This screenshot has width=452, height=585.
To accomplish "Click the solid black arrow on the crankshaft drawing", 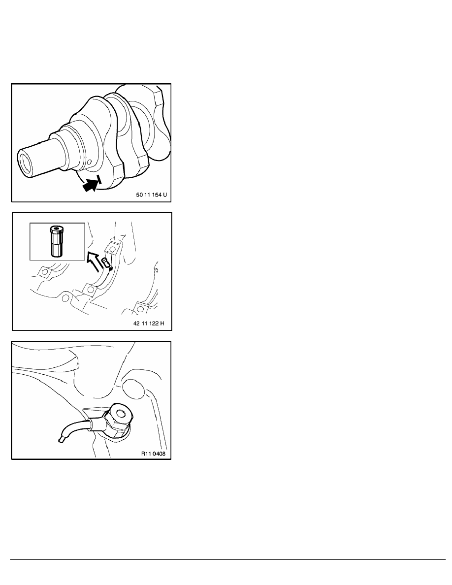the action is coord(91,185).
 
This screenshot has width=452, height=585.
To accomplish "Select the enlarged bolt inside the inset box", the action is coord(56,241).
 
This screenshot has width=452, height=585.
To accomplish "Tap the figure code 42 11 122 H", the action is coord(148,323).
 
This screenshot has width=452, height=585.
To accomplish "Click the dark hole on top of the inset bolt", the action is coord(56,228).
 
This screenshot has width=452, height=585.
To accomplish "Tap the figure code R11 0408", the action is coord(153,454).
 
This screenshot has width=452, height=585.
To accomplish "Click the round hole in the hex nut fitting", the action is coord(121,413).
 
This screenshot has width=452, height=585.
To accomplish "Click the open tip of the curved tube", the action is coord(61,441).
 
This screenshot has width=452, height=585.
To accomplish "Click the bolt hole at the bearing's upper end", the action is coord(112,248).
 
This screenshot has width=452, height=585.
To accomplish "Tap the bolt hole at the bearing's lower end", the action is coord(90,290).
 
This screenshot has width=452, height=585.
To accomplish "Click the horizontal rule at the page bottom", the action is coord(227,559).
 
